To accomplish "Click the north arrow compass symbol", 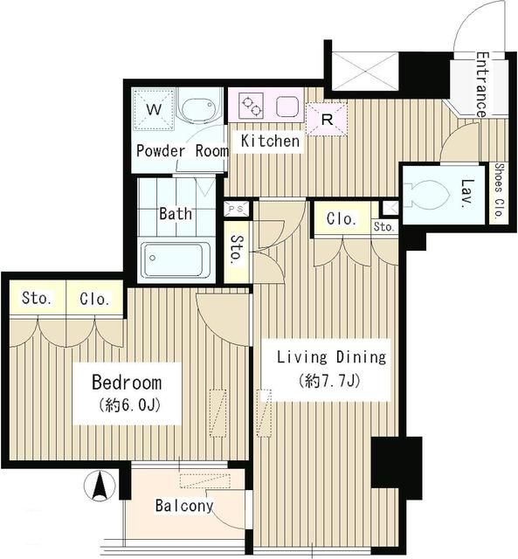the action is (100, 486).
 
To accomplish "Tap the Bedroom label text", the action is (127, 383).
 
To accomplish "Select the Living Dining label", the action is (332, 357).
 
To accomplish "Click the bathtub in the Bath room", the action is (176, 259).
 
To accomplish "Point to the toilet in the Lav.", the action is (429, 195).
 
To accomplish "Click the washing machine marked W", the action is (154, 109).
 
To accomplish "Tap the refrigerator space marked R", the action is (327, 120).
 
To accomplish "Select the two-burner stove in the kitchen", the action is (252, 106).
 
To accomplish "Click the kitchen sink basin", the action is (287, 106).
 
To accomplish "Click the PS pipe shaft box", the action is (238, 209).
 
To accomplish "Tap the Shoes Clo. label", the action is (499, 190).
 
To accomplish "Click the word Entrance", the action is (482, 85).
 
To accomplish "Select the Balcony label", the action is (184, 506).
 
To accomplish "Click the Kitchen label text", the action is (270, 141).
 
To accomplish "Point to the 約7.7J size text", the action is (331, 382).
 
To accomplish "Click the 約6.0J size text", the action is (129, 405).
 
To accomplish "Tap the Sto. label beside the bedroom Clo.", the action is (37, 298).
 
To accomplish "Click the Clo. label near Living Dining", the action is (342, 218).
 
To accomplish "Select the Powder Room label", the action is (183, 151).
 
